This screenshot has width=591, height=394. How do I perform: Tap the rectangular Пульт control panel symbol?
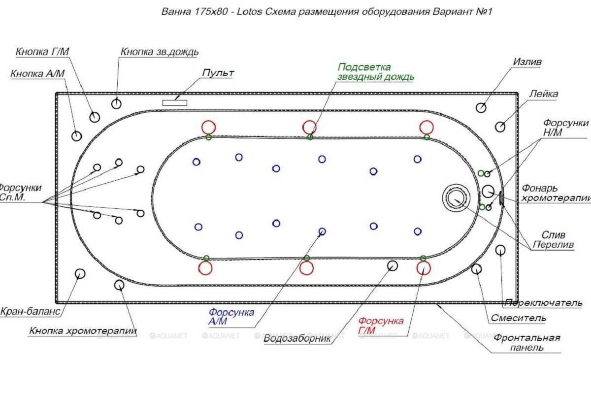point(175,102)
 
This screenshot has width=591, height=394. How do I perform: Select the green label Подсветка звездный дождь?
point(375,72)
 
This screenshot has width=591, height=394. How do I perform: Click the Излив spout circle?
point(481,108)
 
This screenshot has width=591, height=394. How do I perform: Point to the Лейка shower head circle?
point(500,127)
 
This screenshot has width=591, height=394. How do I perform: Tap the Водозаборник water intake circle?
point(393,266)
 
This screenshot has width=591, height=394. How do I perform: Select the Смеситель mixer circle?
point(476,269)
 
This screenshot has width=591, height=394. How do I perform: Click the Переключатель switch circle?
point(500,250)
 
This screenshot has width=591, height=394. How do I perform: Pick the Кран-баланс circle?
point(80,273)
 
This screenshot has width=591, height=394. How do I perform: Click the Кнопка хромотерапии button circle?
point(119,285)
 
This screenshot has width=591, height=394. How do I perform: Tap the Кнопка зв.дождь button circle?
point(116,103)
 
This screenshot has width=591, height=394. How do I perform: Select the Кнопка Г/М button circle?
point(95,117)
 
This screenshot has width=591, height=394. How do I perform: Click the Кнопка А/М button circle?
point(76,136)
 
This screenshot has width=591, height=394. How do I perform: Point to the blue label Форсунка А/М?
point(231,317)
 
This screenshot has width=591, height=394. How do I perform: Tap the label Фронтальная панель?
point(527,342)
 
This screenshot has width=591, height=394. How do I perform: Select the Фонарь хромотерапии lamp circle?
point(488,190)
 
